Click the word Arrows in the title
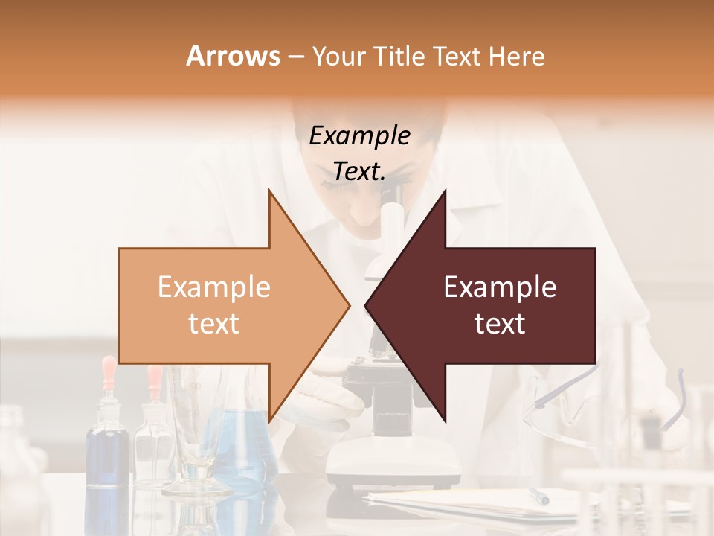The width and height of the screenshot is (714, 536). tap(234, 56)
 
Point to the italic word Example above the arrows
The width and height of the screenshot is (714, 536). tap(360, 135)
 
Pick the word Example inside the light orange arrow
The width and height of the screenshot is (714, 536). tap(214, 287)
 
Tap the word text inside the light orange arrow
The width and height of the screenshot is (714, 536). tap(214, 324)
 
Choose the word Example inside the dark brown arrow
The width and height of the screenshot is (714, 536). tap(500, 287)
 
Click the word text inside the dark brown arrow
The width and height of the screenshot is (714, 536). tap(500, 324)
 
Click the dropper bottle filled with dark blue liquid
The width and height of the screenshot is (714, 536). tap(108, 447)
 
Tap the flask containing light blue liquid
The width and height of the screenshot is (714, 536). tap(245, 447)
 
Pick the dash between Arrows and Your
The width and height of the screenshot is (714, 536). tap(295, 57)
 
